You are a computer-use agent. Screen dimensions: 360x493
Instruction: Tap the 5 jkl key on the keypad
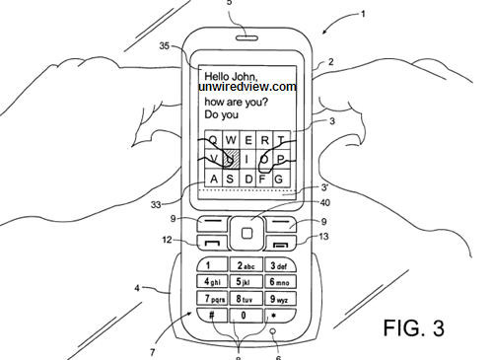[x=243, y=282]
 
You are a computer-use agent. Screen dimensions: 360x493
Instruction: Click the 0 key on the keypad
[x=243, y=315]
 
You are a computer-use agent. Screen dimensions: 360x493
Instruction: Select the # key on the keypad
[x=210, y=315]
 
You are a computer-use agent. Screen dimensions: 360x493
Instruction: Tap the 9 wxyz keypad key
[x=276, y=298]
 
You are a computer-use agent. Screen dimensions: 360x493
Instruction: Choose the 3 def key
[x=277, y=266]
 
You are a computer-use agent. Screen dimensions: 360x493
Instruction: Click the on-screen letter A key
[x=213, y=178]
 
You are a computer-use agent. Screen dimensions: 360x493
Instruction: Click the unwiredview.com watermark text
[x=246, y=87]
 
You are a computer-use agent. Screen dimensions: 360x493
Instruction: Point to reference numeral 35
[x=165, y=44]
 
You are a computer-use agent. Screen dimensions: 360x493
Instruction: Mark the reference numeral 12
[x=170, y=240]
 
